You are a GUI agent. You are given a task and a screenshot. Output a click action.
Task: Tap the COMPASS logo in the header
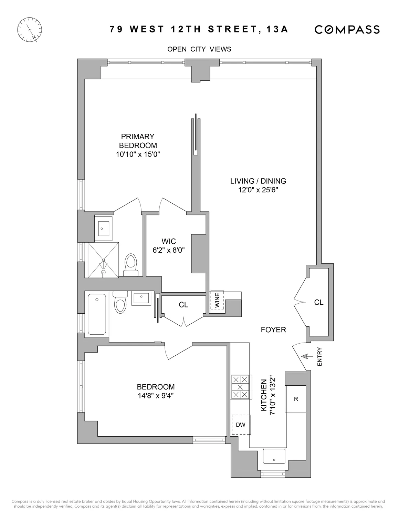coord(347,30)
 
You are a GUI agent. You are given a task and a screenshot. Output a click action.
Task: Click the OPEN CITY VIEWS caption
coord(199,49)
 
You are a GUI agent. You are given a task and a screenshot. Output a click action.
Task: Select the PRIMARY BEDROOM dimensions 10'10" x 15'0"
coord(138,154)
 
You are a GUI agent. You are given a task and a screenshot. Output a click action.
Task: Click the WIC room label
coord(169,241)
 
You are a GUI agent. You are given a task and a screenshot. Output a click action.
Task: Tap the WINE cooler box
coord(217,300)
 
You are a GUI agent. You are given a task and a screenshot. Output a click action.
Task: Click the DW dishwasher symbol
coord(241,425)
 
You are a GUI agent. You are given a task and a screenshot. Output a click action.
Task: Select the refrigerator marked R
coord(296,399)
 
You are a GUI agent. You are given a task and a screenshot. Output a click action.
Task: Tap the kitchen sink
coord(274,456)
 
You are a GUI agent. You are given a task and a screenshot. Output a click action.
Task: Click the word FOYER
coord(273,330)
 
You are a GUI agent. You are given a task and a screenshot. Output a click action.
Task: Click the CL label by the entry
coord(319,302)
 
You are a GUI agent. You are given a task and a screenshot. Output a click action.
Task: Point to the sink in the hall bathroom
coord(140,298)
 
